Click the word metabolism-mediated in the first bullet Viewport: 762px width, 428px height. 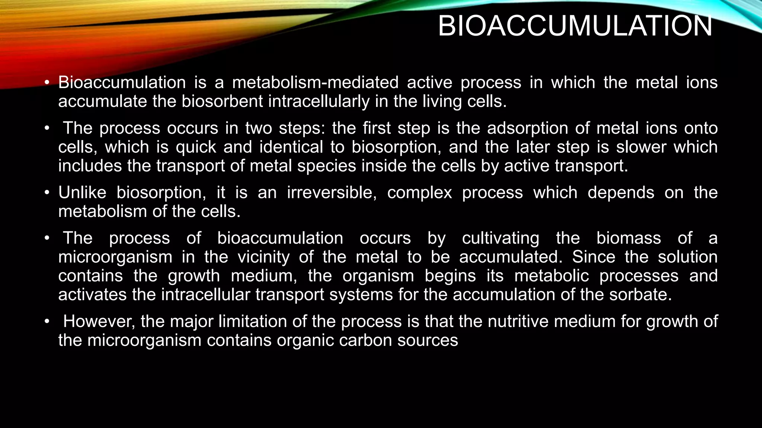pos(315,82)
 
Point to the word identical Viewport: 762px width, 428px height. pos(291,147)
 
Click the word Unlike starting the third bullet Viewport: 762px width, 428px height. pos(82,193)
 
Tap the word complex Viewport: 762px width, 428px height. pos(419,193)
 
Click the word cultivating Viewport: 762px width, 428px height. pos(500,238)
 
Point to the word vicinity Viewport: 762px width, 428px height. pos(263,257)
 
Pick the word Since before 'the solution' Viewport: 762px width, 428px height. pos(593,257)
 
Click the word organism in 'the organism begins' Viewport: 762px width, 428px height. pos(378,276)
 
